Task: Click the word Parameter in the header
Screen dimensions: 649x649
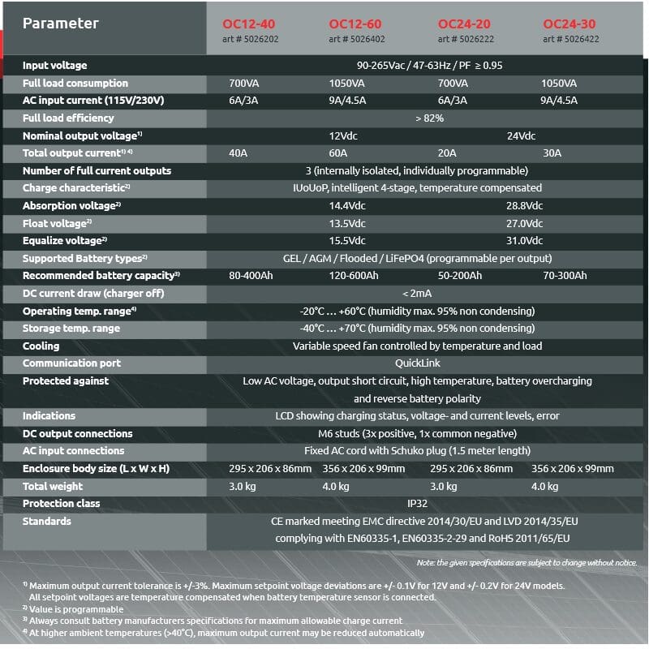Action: pyautogui.click(x=61, y=24)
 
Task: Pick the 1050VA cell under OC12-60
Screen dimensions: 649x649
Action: pyautogui.click(x=348, y=84)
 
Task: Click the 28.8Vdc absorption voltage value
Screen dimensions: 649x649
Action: pyautogui.click(x=524, y=206)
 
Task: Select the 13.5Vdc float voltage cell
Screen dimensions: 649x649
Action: pyautogui.click(x=347, y=224)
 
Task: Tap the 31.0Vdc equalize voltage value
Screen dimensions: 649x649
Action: pyautogui.click(x=524, y=241)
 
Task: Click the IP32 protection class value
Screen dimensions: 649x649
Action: pyautogui.click(x=418, y=504)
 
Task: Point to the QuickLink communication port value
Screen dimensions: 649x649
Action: pyautogui.click(x=418, y=363)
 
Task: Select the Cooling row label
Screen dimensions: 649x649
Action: pyautogui.click(x=41, y=346)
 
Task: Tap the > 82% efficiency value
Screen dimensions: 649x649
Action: pyautogui.click(x=429, y=118)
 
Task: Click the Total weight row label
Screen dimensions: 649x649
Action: pyautogui.click(x=53, y=487)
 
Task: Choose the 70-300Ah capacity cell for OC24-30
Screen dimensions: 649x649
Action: pyautogui.click(x=565, y=276)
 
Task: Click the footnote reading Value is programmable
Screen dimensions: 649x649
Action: pyautogui.click(x=77, y=608)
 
